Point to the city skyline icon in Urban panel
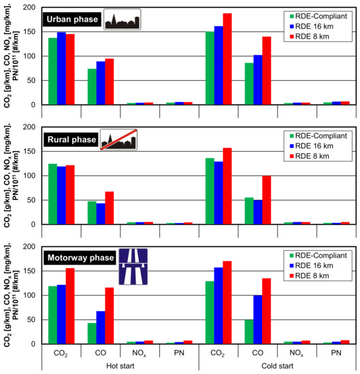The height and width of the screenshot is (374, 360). [122, 20]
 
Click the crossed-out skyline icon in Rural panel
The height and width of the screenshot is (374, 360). [118, 140]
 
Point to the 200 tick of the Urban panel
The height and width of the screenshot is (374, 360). [28, 8]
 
